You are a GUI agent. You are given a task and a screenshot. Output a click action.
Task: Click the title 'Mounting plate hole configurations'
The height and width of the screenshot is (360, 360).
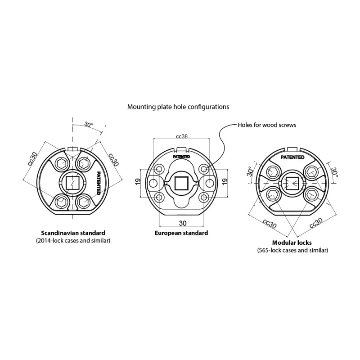(x=178, y=107)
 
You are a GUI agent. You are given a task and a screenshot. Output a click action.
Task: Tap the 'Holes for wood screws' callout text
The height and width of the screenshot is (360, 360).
(x=267, y=125)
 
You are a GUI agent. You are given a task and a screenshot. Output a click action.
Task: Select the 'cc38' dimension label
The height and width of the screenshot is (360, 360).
(x=182, y=136)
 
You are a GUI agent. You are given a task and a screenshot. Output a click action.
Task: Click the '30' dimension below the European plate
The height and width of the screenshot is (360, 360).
(x=183, y=223)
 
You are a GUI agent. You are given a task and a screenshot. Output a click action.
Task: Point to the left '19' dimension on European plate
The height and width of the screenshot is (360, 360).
(x=138, y=182)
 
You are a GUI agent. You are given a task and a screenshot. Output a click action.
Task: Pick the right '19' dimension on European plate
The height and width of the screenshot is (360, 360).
(x=225, y=181)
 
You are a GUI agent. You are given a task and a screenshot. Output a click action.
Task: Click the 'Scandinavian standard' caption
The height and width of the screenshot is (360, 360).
(x=73, y=233)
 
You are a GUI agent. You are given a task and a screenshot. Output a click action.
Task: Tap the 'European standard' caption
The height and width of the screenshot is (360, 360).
(x=181, y=233)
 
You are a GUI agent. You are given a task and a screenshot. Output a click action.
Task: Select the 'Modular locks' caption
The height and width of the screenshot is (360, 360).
(x=292, y=243)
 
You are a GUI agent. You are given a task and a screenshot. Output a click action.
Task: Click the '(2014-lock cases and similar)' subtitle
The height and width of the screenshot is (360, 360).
(x=73, y=241)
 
